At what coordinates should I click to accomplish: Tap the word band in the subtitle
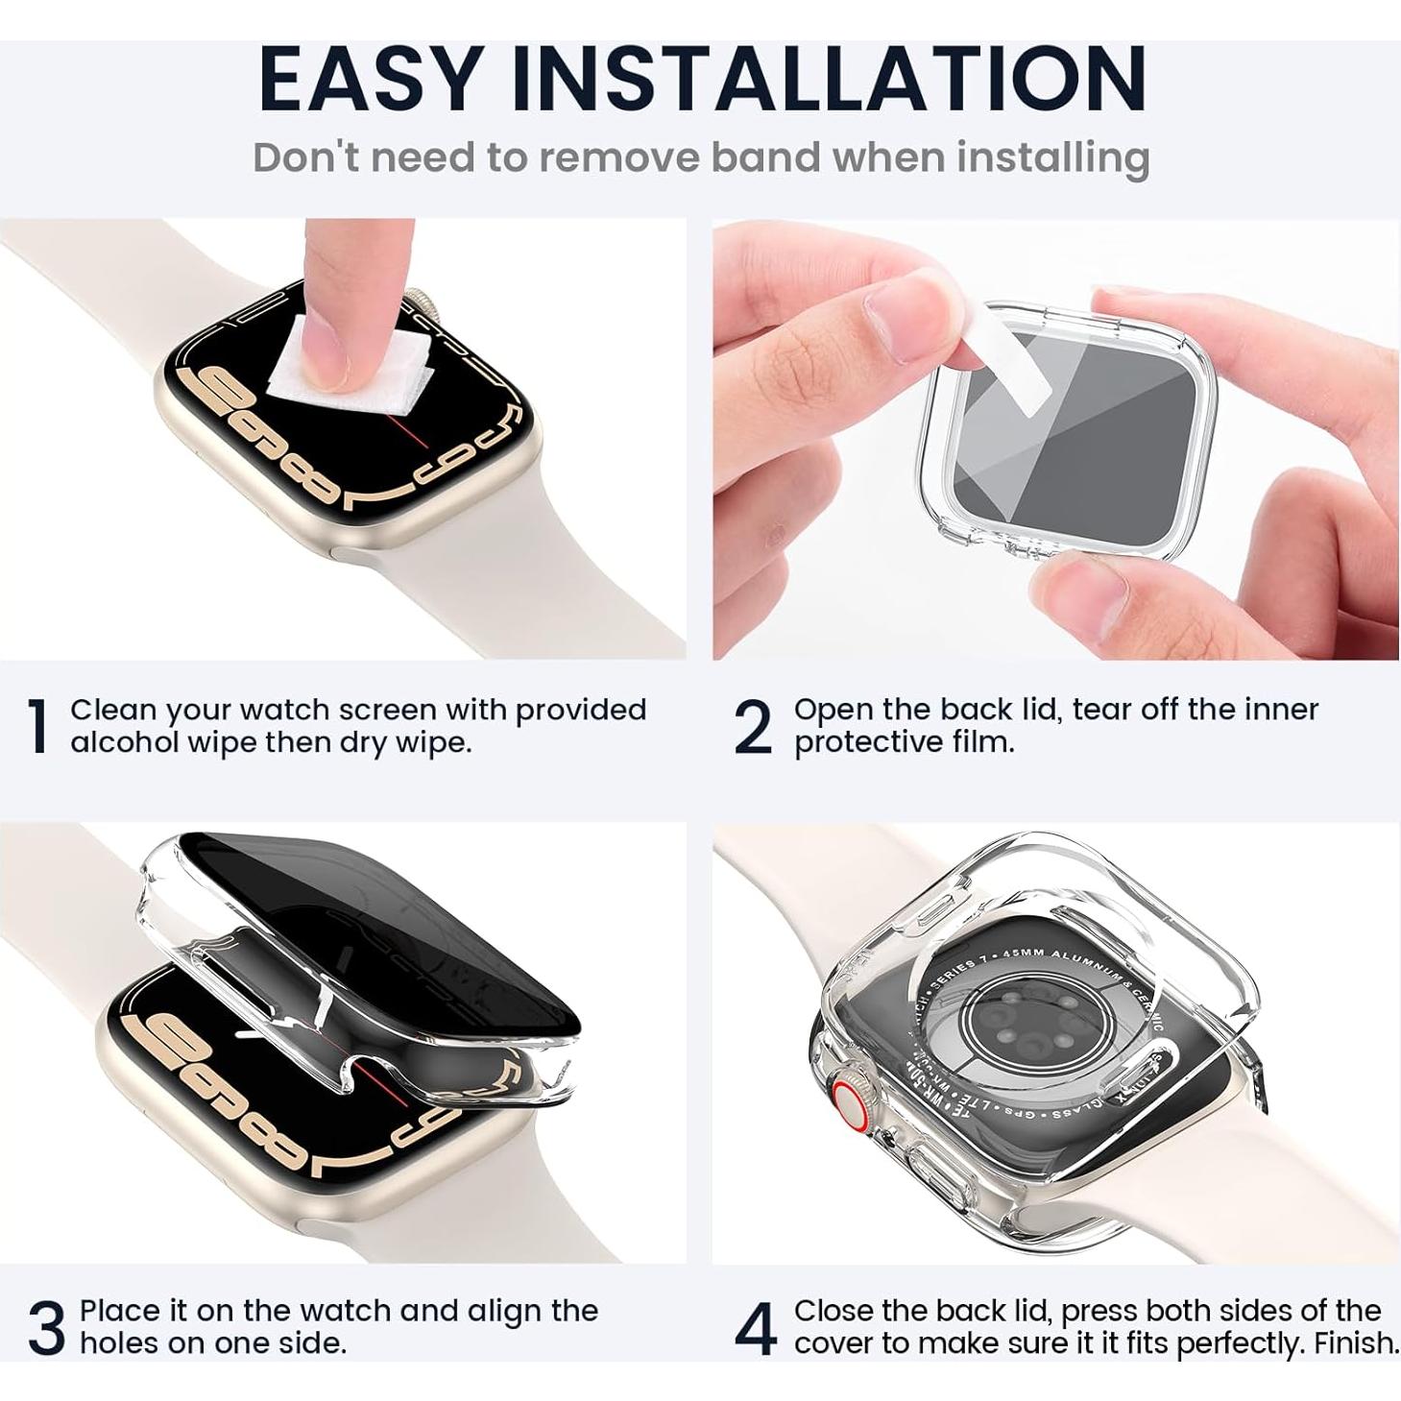coord(763,157)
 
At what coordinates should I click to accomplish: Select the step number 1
coord(38,727)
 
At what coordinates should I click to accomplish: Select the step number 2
coord(752,727)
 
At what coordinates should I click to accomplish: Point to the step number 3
coord(46,1328)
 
